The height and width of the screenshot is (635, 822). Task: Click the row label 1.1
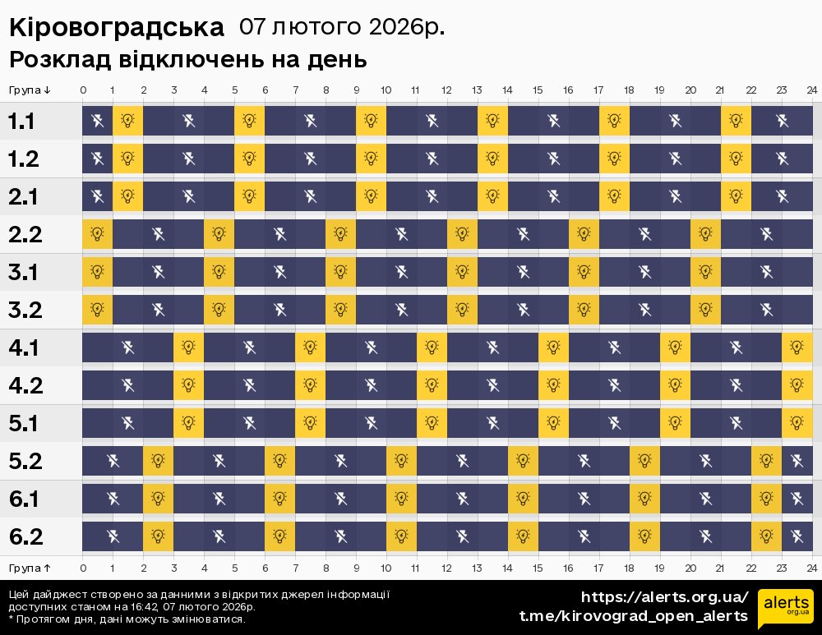point(21,122)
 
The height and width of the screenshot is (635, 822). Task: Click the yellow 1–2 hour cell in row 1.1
point(127,122)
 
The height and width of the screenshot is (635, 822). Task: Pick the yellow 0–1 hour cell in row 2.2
point(97,234)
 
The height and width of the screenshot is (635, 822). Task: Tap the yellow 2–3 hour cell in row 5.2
point(158,461)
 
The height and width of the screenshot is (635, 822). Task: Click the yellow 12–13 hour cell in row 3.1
point(462,272)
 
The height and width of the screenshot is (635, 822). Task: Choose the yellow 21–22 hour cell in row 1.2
point(736,159)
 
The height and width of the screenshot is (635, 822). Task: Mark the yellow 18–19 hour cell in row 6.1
point(644,499)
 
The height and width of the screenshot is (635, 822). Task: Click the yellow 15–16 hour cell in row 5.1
point(553,423)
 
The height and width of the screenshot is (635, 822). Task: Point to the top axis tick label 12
point(446,90)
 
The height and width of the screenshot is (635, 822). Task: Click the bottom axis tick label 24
point(811,568)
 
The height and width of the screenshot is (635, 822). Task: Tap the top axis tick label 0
point(83,90)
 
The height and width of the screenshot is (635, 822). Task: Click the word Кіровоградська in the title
point(116,28)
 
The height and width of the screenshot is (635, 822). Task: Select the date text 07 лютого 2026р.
point(342,27)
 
